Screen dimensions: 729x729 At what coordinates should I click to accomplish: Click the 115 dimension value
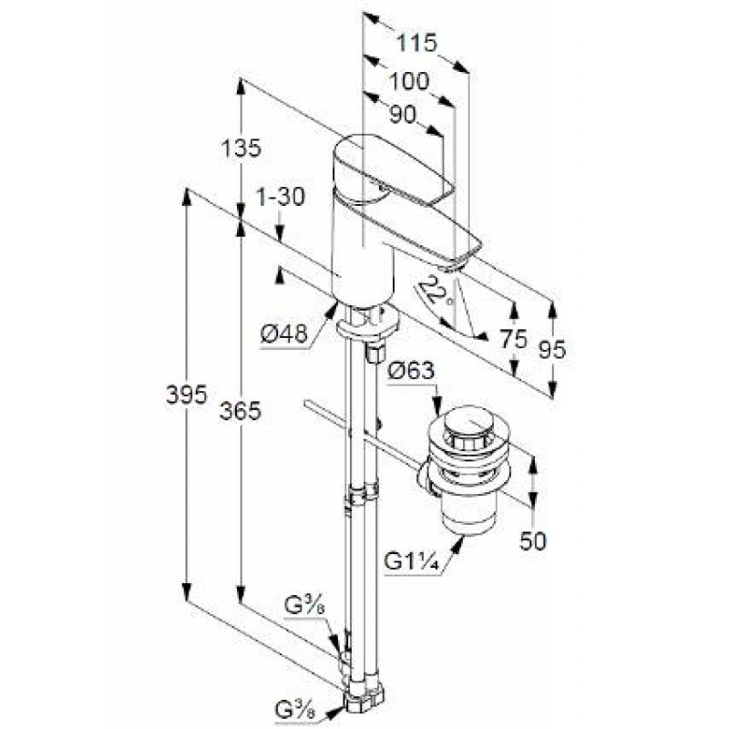click(417, 43)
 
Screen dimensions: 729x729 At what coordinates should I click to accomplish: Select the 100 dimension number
click(408, 82)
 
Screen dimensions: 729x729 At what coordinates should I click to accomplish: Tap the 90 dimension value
click(403, 115)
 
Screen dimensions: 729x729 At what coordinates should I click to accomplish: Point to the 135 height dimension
click(241, 149)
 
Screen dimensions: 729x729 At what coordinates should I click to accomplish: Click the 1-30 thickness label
click(280, 197)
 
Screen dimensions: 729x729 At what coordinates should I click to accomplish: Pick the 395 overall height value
click(187, 395)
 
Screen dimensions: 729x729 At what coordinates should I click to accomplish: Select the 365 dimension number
click(241, 411)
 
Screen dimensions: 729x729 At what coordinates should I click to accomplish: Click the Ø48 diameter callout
click(284, 334)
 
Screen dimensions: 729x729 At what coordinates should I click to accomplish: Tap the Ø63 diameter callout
click(411, 372)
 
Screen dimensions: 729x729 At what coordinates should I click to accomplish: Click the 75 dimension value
click(514, 339)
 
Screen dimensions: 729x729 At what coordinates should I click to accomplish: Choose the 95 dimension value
click(553, 350)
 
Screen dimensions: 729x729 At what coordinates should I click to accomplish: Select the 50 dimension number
click(533, 541)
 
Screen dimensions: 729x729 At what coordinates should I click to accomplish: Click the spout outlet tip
click(451, 267)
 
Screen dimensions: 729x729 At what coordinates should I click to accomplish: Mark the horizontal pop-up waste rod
click(364, 436)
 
